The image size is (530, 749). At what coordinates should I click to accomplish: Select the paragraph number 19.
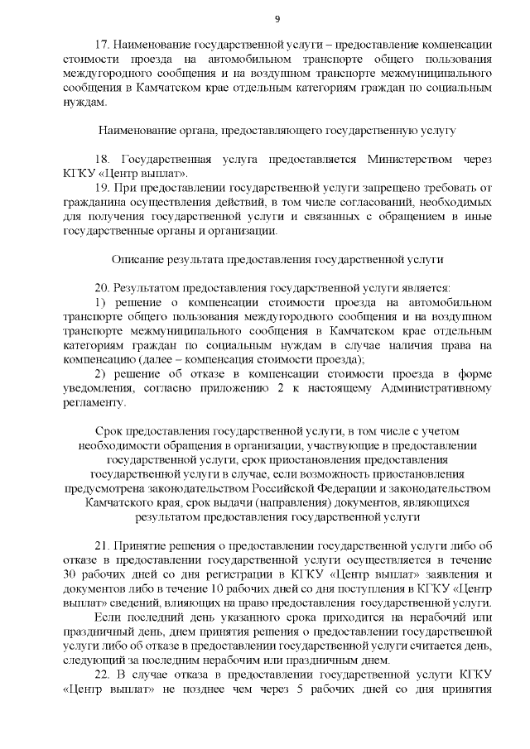pyautogui.click(x=104, y=190)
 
